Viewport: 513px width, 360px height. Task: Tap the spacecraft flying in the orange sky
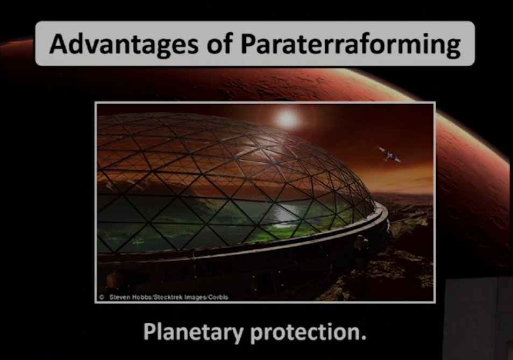(x=389, y=154)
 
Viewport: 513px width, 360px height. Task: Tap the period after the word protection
(x=364, y=338)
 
